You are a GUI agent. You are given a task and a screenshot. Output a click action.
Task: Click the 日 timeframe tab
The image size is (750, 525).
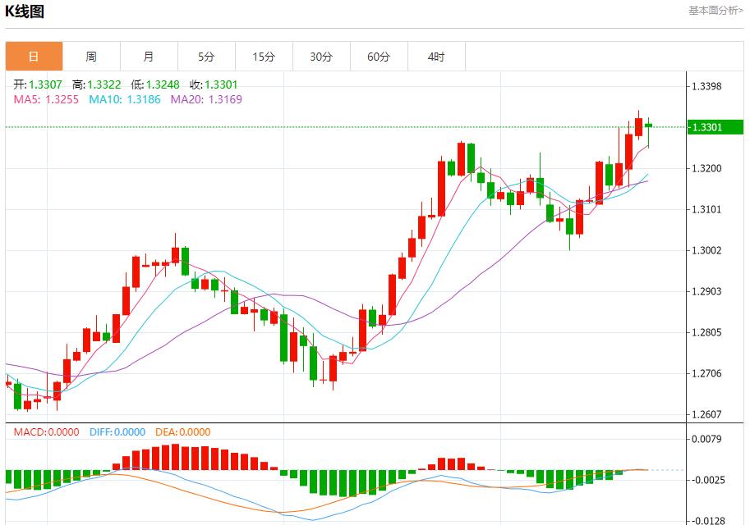34,57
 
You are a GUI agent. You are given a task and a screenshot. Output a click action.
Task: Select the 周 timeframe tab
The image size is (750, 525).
91,57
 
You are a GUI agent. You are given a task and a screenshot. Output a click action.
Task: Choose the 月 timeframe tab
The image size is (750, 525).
149,57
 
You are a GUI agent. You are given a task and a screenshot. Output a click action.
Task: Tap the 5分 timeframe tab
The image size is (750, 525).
206,57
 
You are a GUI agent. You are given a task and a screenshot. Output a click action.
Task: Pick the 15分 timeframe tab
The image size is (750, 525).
264,57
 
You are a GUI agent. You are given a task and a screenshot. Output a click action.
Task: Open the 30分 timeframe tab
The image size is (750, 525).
321,57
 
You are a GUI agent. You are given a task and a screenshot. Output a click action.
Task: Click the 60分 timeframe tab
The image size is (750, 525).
379,57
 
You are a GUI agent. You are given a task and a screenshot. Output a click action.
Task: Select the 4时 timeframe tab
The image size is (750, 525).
436,57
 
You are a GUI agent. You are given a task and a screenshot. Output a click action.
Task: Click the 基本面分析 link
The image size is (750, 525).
715,11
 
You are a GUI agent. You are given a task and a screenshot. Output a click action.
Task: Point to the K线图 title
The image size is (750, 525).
25,11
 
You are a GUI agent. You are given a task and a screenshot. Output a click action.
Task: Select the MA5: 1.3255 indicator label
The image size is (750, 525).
47,99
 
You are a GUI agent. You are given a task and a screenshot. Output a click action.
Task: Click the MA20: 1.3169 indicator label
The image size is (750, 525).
206,99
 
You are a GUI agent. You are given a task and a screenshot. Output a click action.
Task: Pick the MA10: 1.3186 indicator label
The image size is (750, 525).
125,99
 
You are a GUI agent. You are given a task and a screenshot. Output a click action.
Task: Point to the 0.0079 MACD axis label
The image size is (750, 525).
706,439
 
